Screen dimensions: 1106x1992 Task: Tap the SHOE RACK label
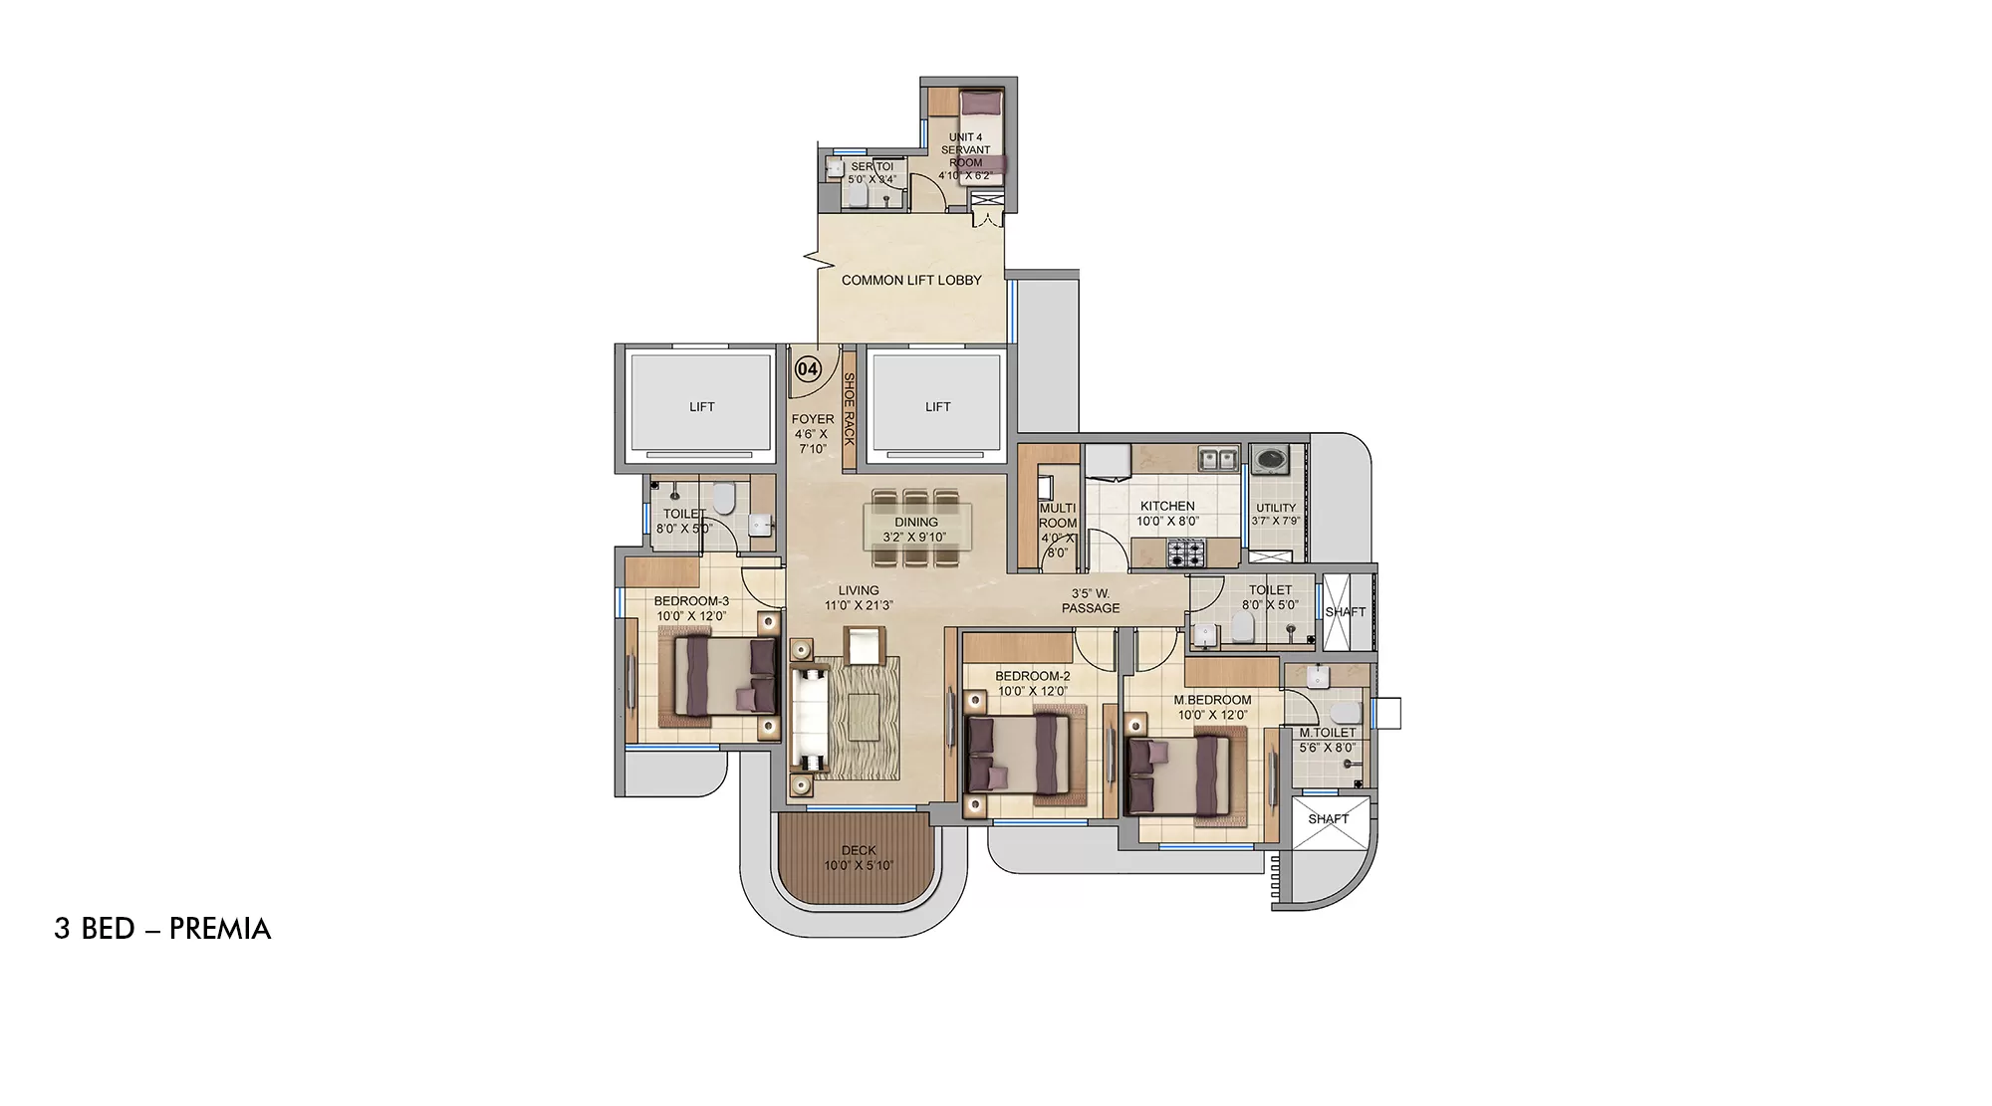(850, 408)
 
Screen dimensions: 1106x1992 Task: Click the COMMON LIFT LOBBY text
(911, 281)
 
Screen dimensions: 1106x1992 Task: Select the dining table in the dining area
(916, 528)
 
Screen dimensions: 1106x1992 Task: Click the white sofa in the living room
(810, 717)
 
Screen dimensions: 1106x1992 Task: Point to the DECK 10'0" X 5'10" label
(859, 858)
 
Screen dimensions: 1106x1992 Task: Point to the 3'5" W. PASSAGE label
(1090, 601)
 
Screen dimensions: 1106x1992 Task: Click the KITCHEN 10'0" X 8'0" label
(1167, 514)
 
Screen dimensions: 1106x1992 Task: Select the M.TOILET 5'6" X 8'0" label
(1328, 740)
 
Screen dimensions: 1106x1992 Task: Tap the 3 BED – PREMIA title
(162, 929)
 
